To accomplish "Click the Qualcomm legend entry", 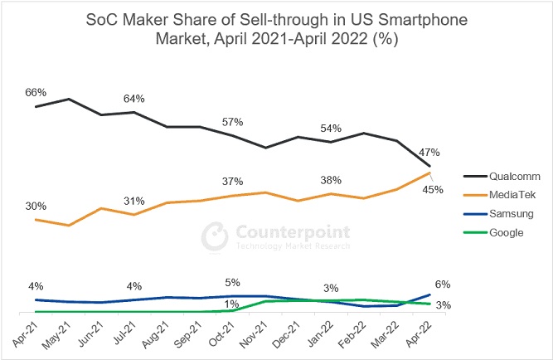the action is pos(502,176).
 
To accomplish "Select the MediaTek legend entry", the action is pos(499,194).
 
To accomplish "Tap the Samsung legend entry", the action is pos(498,213).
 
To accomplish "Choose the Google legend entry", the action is pos(493,232).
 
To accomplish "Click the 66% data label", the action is pos(36,92).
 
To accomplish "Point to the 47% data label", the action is pos(429,153).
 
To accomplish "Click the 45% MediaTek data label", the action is pos(433,190).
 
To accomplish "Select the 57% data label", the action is pos(232,122).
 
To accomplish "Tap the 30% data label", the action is pos(36,206).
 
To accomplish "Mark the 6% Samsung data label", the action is pos(443,285).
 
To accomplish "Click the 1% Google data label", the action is pos(231,304).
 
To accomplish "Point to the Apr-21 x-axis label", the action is pos(25,334).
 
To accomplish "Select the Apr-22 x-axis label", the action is pos(419,334).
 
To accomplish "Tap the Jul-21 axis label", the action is pos(124,333).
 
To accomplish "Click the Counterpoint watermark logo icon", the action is pos(215,236).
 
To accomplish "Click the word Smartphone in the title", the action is pos(423,20).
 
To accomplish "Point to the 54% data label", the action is pos(331,129).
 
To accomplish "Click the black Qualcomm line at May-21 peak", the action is pos(69,100).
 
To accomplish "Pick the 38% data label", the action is pos(331,180).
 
